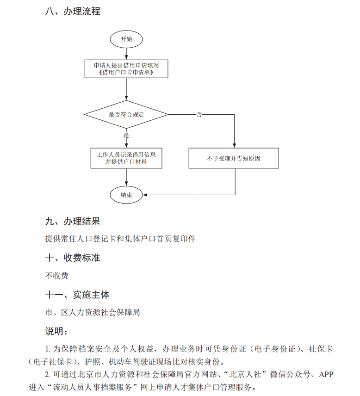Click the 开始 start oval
click(126, 39)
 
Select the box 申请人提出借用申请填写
click(126, 68)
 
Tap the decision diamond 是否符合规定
click(126, 114)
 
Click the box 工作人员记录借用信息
click(126, 158)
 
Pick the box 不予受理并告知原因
click(234, 158)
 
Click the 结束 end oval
click(126, 195)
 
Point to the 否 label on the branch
click(199, 114)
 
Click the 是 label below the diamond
click(126, 136)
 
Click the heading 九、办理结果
click(73, 221)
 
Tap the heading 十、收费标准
click(73, 258)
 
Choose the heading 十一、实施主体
click(77, 294)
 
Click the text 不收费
click(57, 276)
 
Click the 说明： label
click(57, 331)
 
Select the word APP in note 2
click(326, 374)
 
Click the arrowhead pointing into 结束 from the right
click(146, 195)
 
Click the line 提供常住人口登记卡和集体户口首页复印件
click(120, 239)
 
